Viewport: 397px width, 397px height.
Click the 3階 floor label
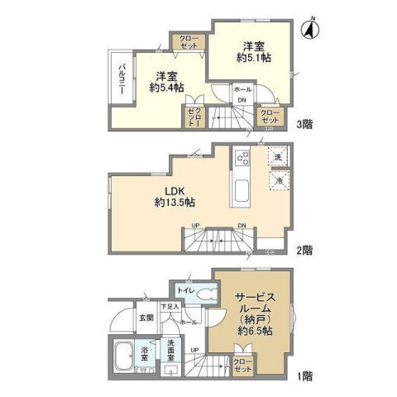click(x=304, y=125)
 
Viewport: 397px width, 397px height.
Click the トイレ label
click(x=186, y=291)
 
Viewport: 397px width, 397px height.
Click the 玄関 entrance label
click(x=145, y=318)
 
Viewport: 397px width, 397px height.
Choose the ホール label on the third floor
click(x=242, y=89)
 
